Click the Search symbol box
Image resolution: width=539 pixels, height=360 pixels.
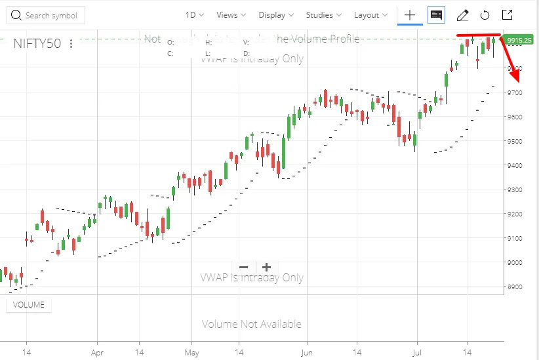[45, 15]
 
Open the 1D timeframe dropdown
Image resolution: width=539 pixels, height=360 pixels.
[194, 15]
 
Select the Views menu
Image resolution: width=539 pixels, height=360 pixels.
[231, 15]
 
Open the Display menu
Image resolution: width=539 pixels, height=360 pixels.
[276, 15]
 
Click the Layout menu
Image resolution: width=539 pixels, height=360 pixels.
[370, 15]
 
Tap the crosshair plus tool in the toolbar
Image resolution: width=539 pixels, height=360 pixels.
[410, 15]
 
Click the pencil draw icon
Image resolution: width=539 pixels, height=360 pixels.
[462, 15]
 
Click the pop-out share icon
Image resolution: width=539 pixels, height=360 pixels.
[507, 15]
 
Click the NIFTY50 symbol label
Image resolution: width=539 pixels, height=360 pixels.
[37, 43]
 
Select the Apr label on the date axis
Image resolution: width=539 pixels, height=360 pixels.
[97, 351]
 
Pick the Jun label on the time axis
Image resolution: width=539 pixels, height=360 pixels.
[306, 351]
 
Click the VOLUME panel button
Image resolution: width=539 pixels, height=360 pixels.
[29, 304]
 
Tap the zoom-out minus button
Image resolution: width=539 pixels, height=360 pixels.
[244, 267]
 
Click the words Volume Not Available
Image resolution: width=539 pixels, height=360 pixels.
[252, 324]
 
